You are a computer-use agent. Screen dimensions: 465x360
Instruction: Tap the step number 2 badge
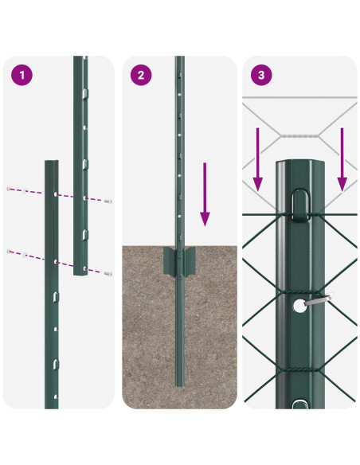(x=142, y=76)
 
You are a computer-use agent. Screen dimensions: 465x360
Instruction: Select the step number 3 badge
(x=260, y=76)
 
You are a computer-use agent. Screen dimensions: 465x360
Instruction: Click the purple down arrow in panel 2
(x=205, y=194)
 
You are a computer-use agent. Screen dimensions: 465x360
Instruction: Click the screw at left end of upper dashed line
(x=10, y=190)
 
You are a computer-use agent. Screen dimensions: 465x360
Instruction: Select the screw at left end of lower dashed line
(x=10, y=252)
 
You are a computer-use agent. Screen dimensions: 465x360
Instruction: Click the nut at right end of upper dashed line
(x=109, y=201)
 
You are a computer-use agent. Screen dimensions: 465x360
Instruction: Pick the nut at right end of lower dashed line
(x=108, y=273)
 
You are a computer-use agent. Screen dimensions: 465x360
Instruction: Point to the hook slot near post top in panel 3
(x=299, y=203)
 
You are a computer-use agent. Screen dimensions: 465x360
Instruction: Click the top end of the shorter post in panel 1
(x=52, y=162)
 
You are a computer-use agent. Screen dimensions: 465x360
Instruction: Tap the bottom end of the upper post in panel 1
(x=81, y=272)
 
